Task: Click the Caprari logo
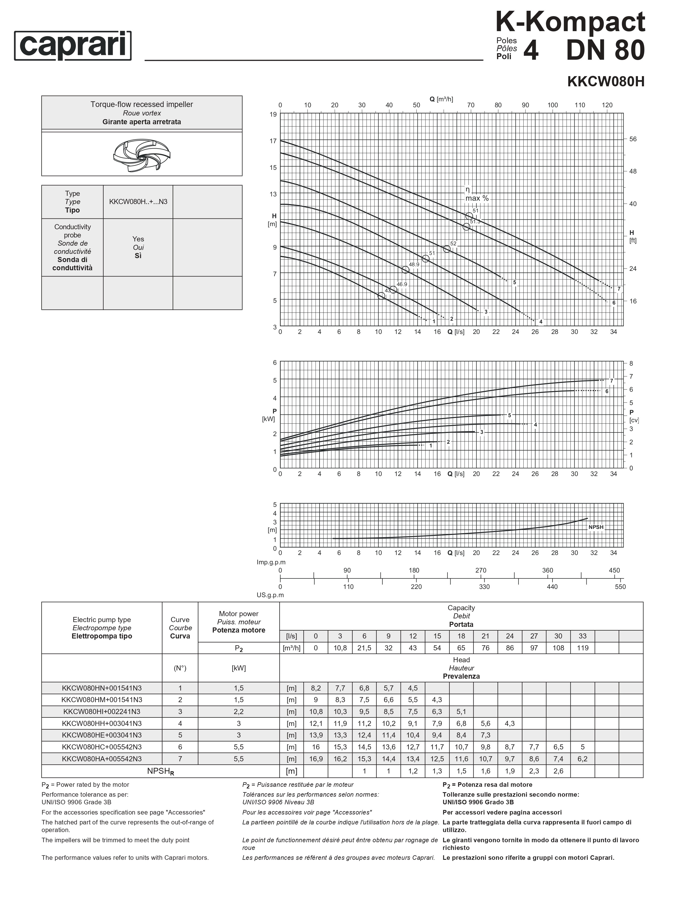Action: pos(73,46)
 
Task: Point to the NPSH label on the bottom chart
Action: pos(596,527)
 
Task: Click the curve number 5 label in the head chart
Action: pos(515,282)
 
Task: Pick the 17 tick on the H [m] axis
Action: pos(273,141)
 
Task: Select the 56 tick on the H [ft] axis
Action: pos(633,139)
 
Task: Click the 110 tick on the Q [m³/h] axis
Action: pos(580,105)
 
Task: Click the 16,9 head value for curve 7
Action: pos(316,759)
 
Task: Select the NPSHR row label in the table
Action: pos(160,771)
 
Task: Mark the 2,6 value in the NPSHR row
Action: pos(558,771)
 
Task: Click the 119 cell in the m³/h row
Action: pos(582,648)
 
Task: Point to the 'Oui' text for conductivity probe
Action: pos(138,247)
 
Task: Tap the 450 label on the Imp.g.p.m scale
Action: pos(614,570)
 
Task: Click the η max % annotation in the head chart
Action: pos(477,194)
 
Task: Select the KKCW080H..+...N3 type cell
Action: pos(138,202)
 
